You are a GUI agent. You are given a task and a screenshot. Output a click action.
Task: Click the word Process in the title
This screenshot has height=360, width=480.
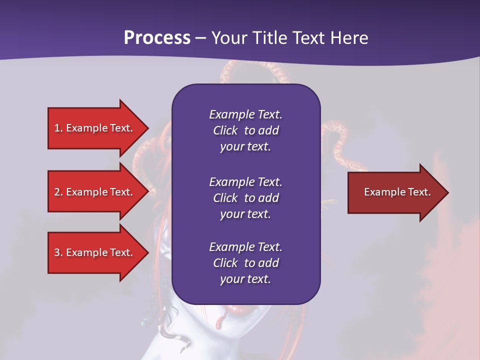point(157,38)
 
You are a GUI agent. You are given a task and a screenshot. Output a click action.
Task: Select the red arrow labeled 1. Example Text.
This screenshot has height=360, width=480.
point(95,128)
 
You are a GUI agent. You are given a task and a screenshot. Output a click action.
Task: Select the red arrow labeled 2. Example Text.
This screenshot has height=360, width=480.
point(95,192)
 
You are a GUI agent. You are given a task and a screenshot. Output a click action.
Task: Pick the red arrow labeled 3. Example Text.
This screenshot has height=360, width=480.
point(95,252)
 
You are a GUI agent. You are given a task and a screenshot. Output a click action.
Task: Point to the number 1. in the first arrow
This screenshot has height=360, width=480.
point(58,128)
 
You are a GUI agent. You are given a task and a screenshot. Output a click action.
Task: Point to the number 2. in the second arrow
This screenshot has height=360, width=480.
point(58,192)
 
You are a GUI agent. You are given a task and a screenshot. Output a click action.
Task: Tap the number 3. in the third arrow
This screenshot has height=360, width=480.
point(58,252)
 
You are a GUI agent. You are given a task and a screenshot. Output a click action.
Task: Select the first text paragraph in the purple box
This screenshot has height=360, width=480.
point(245,130)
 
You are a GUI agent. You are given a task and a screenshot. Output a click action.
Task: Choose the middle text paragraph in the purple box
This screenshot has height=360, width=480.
point(245,197)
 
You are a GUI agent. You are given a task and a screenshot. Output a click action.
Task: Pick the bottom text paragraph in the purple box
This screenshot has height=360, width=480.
point(245,263)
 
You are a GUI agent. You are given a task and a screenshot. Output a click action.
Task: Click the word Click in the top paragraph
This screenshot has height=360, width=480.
point(225,130)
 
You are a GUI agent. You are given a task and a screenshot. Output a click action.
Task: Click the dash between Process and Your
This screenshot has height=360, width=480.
point(200,38)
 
